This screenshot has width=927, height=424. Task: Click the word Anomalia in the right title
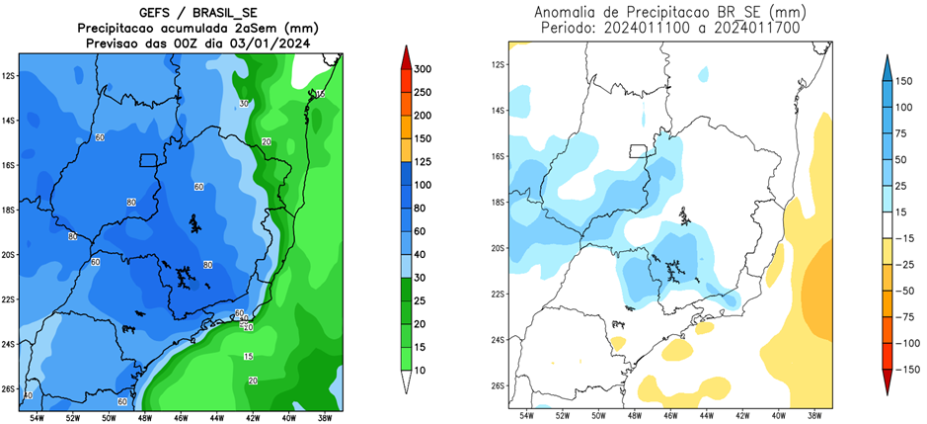pos(571,13)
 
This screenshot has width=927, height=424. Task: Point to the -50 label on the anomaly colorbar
pos(906,293)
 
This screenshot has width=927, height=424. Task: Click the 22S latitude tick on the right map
pos(499,295)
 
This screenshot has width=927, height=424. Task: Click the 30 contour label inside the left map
pos(244,103)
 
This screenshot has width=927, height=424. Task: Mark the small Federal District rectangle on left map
pos(149,160)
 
